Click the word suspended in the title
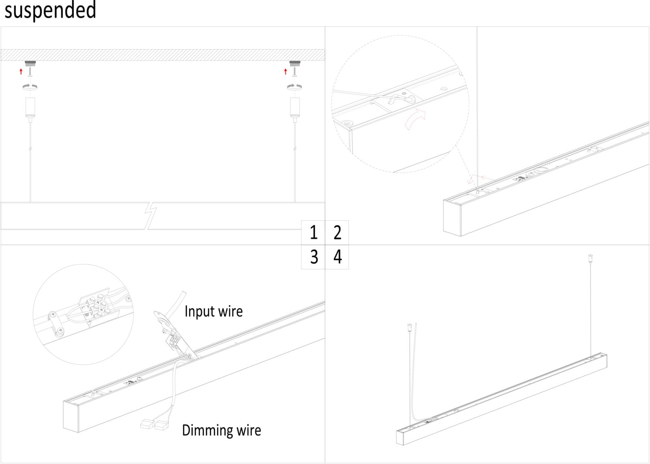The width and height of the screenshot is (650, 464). (x=50, y=10)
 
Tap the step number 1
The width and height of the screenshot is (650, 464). (x=313, y=233)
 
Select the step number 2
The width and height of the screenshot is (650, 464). (x=337, y=233)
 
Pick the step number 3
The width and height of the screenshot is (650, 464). (x=314, y=257)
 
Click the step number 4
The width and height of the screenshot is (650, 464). (x=338, y=257)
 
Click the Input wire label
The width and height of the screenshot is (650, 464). (x=213, y=311)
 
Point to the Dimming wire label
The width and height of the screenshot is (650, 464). (x=221, y=430)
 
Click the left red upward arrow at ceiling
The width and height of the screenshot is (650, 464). (x=21, y=72)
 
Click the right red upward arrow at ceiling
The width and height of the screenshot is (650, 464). (x=286, y=72)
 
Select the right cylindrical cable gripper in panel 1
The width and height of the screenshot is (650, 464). (x=295, y=108)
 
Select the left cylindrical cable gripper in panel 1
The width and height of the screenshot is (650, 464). (x=30, y=108)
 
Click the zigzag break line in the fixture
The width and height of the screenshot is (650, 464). (x=150, y=215)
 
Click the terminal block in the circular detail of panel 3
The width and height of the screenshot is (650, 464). (x=97, y=306)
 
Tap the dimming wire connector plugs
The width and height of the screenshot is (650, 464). (x=154, y=425)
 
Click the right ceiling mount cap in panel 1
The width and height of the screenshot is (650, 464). (x=295, y=63)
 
